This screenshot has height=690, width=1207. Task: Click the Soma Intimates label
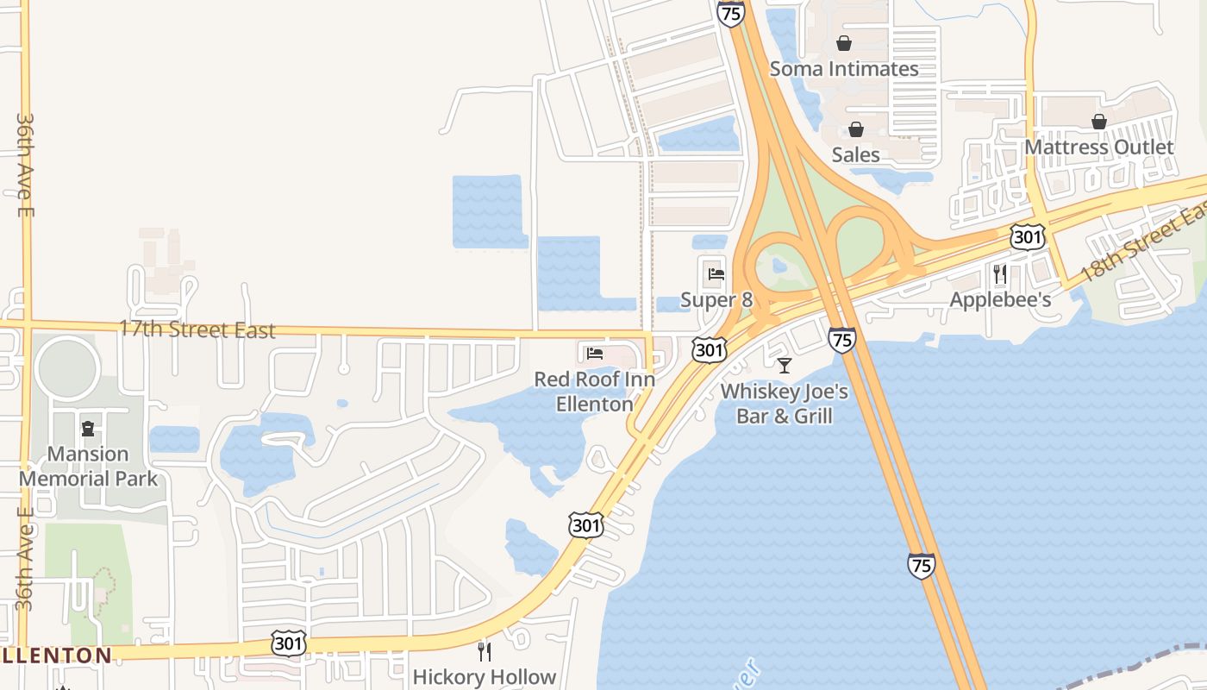click(x=844, y=69)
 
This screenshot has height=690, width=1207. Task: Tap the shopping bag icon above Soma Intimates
click(x=844, y=43)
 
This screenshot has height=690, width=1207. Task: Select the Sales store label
click(x=856, y=155)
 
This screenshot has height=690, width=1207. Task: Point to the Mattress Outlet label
click(x=1099, y=147)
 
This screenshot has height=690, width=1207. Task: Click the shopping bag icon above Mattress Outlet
click(x=1099, y=122)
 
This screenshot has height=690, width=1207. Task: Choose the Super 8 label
click(x=716, y=300)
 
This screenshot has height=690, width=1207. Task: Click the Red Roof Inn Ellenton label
click(x=595, y=391)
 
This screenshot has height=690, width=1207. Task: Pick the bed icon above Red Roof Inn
click(x=595, y=353)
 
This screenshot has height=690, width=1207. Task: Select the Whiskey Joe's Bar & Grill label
click(x=785, y=404)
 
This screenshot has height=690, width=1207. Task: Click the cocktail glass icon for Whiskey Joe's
click(x=785, y=366)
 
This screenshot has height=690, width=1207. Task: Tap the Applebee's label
click(x=1000, y=300)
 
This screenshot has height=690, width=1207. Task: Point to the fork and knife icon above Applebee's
click(x=1000, y=274)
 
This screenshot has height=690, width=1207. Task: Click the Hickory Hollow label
click(x=485, y=677)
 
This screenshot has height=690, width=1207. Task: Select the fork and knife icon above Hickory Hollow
click(x=485, y=651)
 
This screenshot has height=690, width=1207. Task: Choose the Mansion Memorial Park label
click(x=88, y=466)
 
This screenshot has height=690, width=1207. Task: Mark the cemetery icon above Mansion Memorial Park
click(x=88, y=429)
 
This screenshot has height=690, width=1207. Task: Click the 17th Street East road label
click(x=197, y=329)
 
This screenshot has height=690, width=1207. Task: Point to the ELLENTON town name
click(x=57, y=655)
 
